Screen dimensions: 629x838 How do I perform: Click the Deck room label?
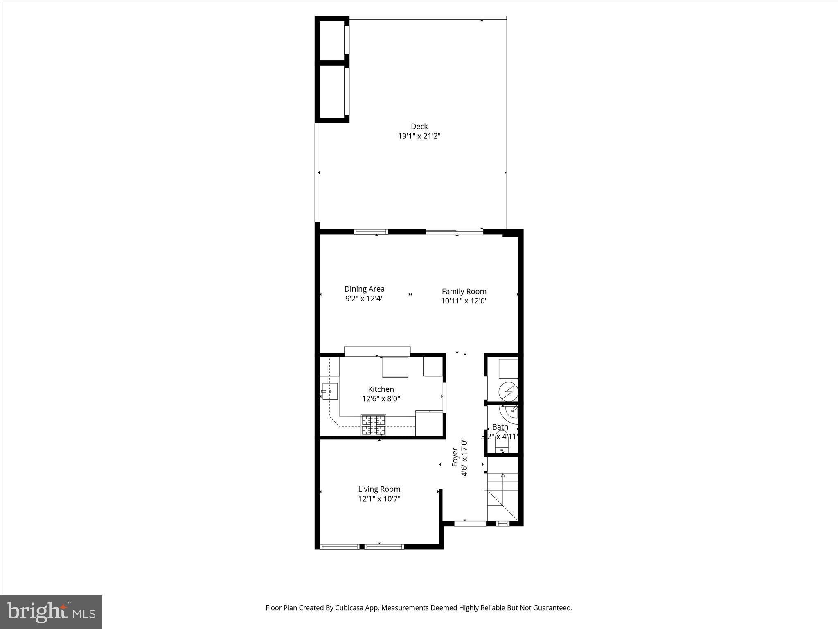coord(419,126)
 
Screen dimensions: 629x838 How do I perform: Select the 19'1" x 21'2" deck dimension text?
coord(419,136)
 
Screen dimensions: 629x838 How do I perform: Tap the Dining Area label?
coord(364,289)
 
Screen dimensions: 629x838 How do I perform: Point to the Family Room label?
coord(464,291)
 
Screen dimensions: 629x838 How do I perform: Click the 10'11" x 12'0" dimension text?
coord(464,301)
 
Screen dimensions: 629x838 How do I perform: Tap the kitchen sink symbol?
coord(329,391)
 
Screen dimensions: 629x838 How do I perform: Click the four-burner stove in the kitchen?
coord(373,425)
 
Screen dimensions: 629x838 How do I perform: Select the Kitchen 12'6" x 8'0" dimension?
coord(381,398)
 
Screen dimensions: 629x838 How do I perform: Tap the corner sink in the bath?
coord(512,412)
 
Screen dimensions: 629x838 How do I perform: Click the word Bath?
coord(500,427)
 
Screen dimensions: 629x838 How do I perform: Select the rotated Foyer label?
coord(455,457)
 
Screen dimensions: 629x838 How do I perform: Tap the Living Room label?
coord(379,489)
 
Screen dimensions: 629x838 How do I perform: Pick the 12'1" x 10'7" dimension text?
coord(379,499)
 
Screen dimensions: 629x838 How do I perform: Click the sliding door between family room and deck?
coord(454,232)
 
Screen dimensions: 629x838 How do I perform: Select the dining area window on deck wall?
coord(371,232)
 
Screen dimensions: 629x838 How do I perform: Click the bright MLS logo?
coord(51,612)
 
